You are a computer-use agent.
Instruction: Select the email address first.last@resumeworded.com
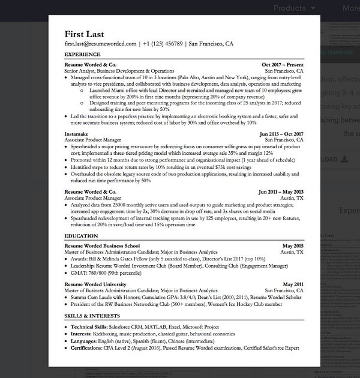point(100,44)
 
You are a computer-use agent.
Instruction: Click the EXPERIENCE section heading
point(82,55)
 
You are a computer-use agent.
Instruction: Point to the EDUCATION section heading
point(81,236)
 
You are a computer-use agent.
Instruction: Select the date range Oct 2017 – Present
point(283,64)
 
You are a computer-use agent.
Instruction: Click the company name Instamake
point(78,134)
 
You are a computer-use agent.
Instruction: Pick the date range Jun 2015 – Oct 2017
point(281,134)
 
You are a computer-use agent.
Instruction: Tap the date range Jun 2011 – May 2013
point(281,192)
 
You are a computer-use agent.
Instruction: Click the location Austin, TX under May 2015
point(292,253)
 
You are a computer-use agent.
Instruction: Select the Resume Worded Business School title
point(102,246)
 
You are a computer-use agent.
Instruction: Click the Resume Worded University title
point(95,284)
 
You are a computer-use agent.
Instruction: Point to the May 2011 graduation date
point(293,284)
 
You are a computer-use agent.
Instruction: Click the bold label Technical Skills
point(89,326)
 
